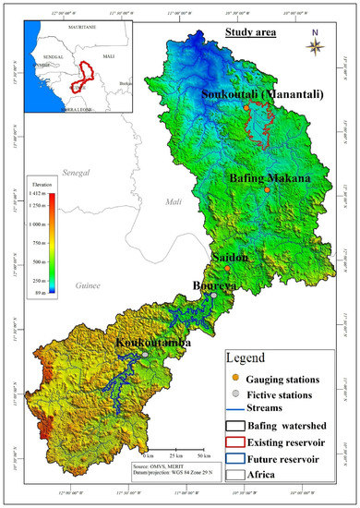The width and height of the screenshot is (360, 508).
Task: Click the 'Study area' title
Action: click(x=254, y=34)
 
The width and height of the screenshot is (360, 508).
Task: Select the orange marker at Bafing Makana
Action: click(x=267, y=189)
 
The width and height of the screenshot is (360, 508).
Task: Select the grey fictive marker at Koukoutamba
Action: click(x=146, y=354)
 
